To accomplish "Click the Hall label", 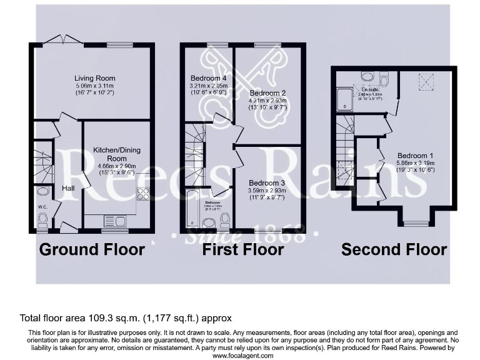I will pos(68,187).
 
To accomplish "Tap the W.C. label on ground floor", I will pos(42,207).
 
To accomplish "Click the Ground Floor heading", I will pos(92,250).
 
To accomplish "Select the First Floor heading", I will pos(242,250).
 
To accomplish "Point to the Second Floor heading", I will pos(394,250).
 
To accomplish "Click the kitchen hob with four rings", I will pos(142,194).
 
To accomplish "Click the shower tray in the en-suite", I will pos(346,99).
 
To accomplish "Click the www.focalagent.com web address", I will pos(243,355).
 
